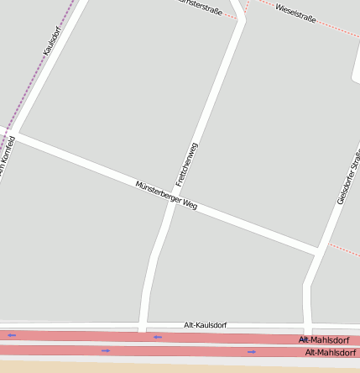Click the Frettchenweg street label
[x=186, y=165]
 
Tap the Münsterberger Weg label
[x=166, y=195]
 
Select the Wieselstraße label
[x=295, y=13]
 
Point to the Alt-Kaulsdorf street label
[x=205, y=324]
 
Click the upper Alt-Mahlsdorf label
[x=324, y=339]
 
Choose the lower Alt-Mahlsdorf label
[x=332, y=352]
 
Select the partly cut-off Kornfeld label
[x=8, y=160]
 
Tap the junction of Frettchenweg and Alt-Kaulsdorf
[x=143, y=327]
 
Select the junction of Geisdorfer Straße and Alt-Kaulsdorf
[x=308, y=328]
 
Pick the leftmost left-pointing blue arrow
[x=12, y=335]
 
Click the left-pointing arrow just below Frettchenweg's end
[x=157, y=337]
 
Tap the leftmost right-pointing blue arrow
[x=106, y=349]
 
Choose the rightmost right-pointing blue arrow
[x=251, y=351]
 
